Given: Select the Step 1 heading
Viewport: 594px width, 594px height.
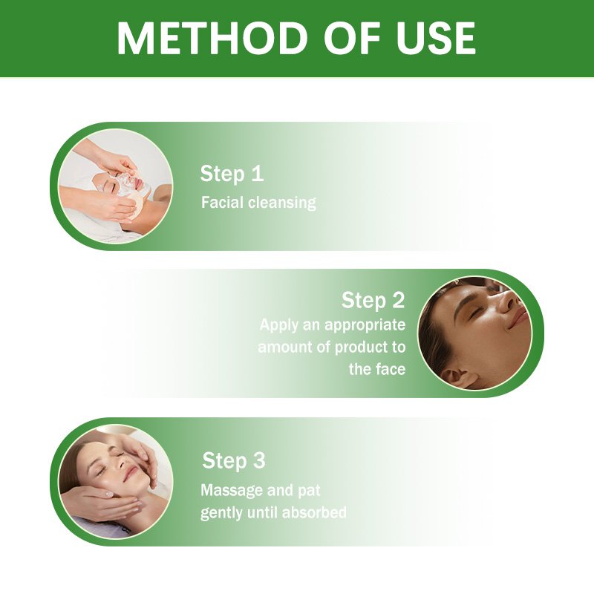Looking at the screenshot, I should click(x=232, y=174).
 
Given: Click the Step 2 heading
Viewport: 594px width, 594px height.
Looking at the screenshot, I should click(x=373, y=301).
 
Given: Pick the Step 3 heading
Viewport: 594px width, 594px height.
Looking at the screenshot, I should click(x=233, y=460).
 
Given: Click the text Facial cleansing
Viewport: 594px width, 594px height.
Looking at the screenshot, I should click(x=258, y=203).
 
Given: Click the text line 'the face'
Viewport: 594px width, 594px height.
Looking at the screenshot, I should click(x=377, y=369).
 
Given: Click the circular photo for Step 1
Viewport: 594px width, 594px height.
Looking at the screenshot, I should click(x=115, y=186).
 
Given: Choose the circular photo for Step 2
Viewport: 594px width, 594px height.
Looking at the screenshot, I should click(x=475, y=333).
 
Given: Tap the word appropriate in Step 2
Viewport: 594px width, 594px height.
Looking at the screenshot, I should click(x=362, y=325).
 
